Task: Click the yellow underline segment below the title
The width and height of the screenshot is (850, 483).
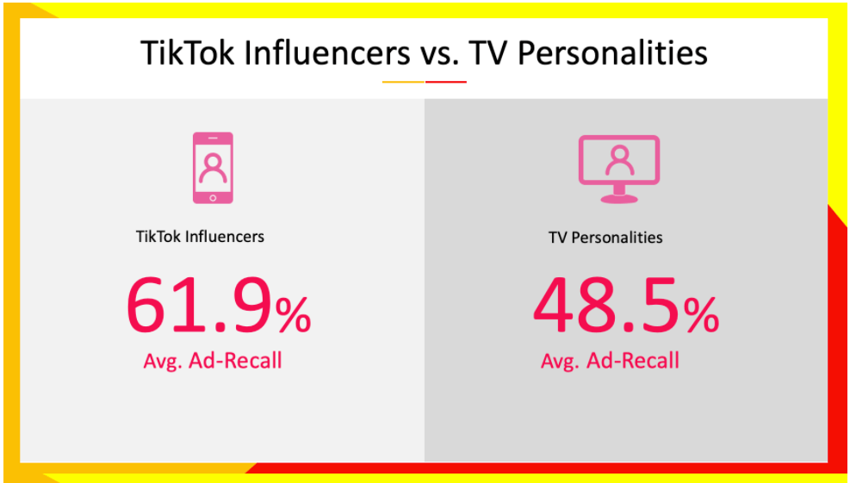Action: click(x=403, y=82)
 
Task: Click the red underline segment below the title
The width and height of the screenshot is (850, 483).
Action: click(x=445, y=82)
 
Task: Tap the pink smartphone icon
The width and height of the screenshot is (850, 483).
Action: click(x=213, y=168)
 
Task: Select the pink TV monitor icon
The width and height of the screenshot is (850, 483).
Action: click(x=619, y=169)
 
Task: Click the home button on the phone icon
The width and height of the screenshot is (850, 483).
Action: click(x=213, y=198)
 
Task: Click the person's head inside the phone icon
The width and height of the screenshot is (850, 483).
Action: click(x=213, y=161)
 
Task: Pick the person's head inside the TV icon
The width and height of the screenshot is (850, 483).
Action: click(x=619, y=154)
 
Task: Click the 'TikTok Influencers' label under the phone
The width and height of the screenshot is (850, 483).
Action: click(x=200, y=237)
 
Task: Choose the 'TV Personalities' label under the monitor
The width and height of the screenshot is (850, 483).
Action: click(x=605, y=238)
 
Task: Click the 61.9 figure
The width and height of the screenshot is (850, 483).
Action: click(x=200, y=307)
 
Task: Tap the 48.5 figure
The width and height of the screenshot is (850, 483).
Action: click(x=606, y=307)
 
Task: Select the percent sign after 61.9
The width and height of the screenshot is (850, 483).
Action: click(x=294, y=316)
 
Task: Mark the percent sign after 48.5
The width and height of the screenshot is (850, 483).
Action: click(x=700, y=316)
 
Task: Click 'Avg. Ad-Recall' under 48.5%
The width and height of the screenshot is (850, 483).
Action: click(x=610, y=361)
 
